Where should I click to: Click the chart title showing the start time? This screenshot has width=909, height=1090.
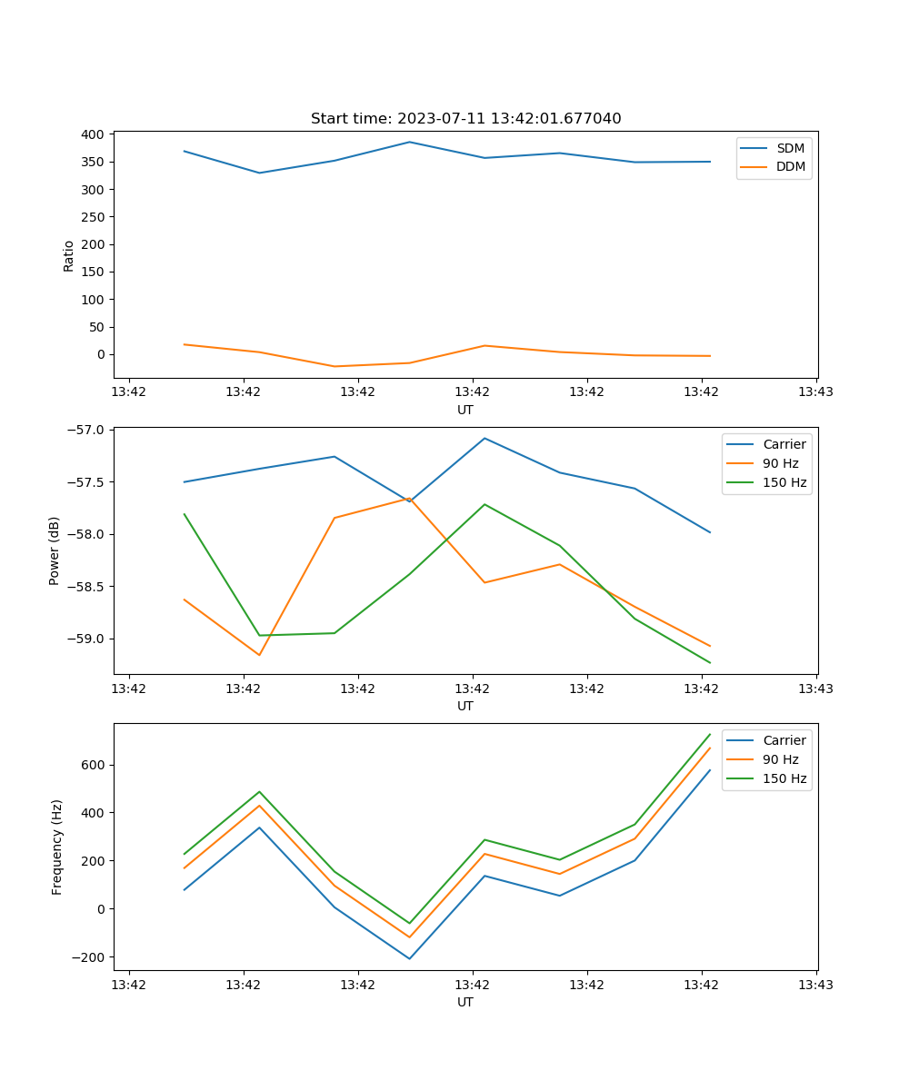pos(465,119)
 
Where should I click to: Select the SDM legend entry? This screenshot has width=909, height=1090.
pos(790,148)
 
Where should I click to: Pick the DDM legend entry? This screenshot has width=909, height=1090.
pos(790,166)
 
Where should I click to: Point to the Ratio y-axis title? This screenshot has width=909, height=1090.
pos(69,255)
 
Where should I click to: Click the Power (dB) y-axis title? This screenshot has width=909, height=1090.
pos(55,550)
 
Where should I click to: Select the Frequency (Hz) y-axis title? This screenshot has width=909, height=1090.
pos(57,847)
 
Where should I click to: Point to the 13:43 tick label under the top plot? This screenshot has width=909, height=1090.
pos(815,392)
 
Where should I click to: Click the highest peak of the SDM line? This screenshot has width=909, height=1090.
pos(409,142)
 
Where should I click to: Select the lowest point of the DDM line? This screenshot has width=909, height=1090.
pos(335,366)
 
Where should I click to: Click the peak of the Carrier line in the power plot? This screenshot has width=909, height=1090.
pos(484,438)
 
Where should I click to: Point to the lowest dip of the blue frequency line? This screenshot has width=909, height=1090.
pos(409,958)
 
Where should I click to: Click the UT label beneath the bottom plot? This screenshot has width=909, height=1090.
pos(465,1002)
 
